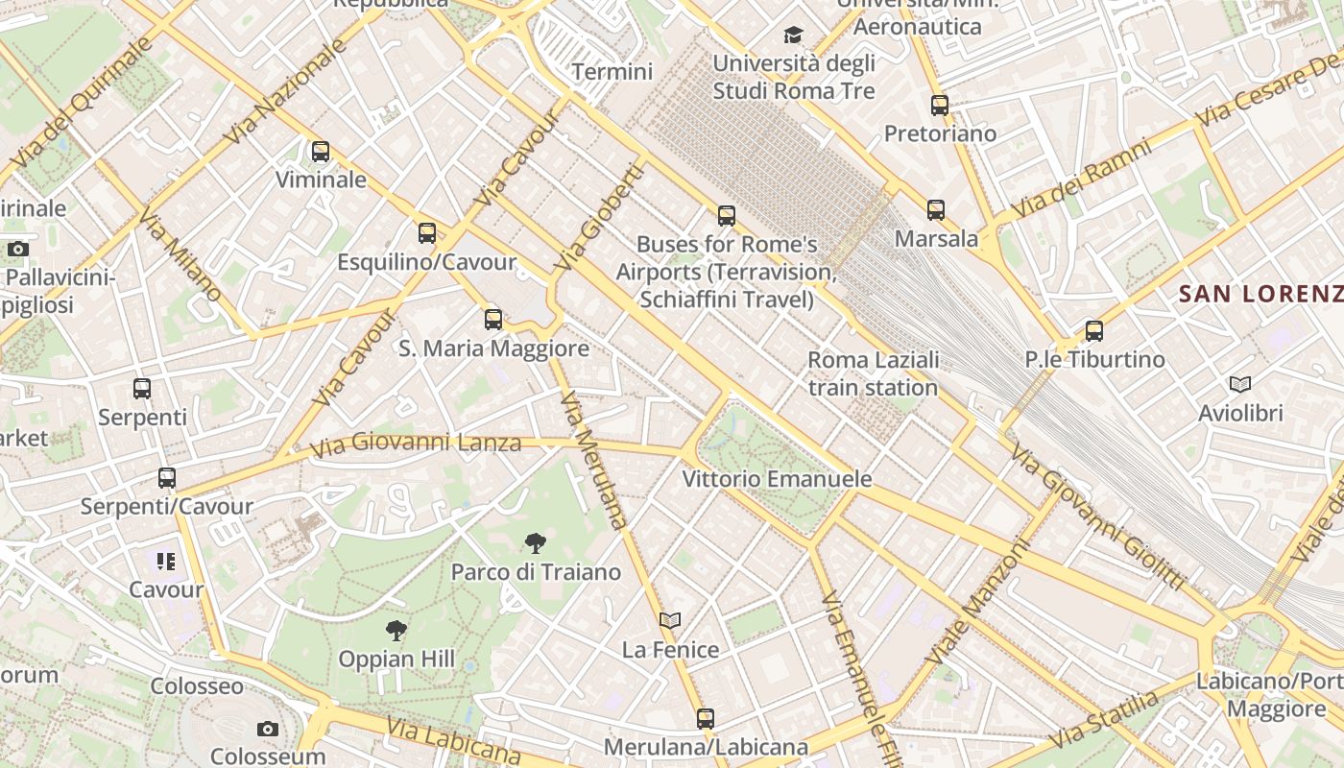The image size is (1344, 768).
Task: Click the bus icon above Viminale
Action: point(321,152)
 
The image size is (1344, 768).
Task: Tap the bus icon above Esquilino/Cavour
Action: point(427,233)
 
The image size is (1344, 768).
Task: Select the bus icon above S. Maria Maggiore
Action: point(493,320)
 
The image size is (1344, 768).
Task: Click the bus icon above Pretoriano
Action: point(940,106)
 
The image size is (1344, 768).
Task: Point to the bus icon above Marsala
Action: point(936,209)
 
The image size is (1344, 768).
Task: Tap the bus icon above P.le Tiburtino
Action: point(1093,331)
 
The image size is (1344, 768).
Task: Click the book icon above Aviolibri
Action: point(1240,385)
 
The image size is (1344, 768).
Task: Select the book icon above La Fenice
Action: point(670,621)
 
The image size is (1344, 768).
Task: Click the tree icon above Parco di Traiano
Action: point(536,543)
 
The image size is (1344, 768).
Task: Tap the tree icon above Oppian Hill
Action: point(396,631)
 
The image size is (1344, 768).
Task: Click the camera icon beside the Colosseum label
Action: point(268,730)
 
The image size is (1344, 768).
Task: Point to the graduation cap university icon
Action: point(793,36)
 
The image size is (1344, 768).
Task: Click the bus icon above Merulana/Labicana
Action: point(706,718)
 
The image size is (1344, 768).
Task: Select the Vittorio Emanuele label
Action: point(777,478)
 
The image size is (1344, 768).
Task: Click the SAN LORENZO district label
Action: point(1260,294)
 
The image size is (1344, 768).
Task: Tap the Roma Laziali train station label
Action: point(873,373)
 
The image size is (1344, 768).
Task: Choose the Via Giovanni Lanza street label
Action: point(416,444)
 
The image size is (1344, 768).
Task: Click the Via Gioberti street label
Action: point(598,217)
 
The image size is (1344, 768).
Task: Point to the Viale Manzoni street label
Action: point(979,602)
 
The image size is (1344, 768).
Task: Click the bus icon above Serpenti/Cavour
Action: point(167,478)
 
